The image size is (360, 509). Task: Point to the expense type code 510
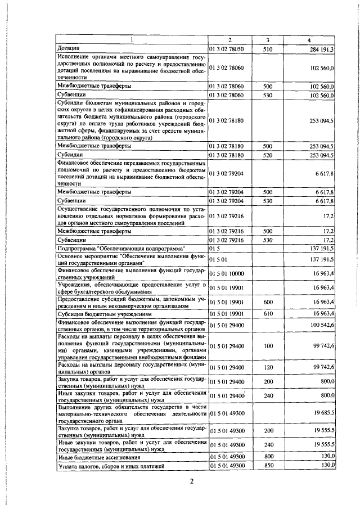[268, 49]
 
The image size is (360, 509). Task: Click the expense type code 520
[268, 154]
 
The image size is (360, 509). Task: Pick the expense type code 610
[268, 314]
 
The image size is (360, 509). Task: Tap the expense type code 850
[268, 466]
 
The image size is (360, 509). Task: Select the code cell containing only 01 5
[213, 248]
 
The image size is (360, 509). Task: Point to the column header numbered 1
[132, 40]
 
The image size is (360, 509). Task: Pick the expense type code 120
[268, 367]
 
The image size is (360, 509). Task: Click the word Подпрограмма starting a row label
[76, 248]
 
